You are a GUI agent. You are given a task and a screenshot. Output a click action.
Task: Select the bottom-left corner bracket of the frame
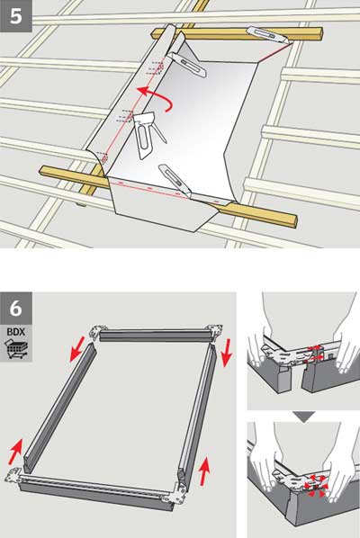17,478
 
